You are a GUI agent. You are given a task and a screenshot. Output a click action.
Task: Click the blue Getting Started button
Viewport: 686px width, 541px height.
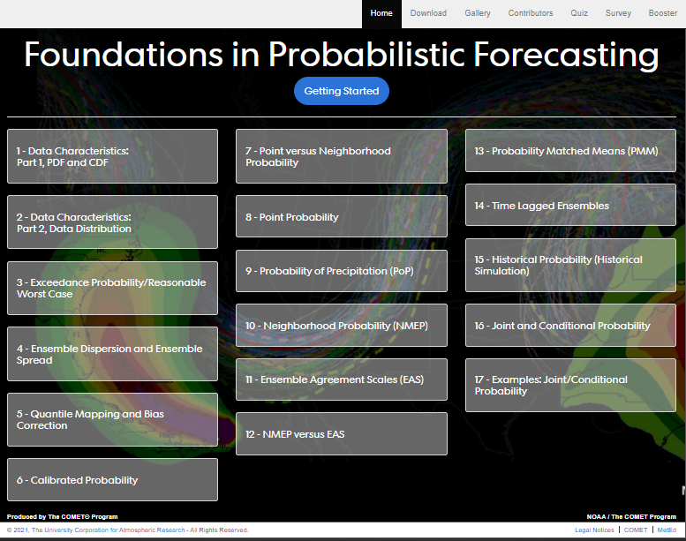point(342,91)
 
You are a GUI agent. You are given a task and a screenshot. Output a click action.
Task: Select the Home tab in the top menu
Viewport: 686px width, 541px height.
point(381,13)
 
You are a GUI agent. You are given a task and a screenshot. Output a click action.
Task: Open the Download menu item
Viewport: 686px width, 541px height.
point(428,13)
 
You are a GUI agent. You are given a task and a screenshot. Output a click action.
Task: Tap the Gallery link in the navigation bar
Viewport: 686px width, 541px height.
point(478,13)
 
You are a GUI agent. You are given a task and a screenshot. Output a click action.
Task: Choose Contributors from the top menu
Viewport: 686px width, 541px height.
point(531,13)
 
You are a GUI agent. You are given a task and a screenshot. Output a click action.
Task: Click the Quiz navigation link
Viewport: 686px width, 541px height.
point(579,13)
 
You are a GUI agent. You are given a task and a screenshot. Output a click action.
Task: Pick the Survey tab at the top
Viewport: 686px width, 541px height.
point(618,13)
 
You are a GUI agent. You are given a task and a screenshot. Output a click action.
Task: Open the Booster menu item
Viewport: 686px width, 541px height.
point(663,13)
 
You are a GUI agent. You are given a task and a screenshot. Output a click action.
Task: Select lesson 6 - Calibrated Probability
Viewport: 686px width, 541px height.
point(112,480)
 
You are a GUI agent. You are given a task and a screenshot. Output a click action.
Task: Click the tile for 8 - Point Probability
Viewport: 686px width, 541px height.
point(342,216)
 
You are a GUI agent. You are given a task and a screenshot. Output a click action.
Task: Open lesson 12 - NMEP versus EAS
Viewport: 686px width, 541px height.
point(342,434)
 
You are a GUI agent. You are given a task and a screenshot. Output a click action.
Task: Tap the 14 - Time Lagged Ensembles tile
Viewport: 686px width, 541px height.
point(570,205)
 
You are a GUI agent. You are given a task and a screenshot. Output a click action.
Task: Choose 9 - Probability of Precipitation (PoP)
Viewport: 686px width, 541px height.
point(342,271)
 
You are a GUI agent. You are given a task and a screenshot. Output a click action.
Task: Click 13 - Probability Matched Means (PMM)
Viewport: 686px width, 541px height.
point(570,150)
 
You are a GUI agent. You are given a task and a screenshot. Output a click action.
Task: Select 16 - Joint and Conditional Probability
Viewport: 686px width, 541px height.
point(570,326)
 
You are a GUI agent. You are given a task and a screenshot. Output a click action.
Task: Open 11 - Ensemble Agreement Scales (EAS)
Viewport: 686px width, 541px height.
point(342,379)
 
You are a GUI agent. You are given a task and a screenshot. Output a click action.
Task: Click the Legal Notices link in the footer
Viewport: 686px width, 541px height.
point(594,530)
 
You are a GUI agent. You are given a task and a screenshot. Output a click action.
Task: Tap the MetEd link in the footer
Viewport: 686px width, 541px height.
point(667,530)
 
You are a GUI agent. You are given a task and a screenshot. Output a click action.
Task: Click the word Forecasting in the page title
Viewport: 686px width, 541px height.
point(566,55)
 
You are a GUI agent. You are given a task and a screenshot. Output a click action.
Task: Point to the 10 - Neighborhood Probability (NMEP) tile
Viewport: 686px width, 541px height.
point(342,326)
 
